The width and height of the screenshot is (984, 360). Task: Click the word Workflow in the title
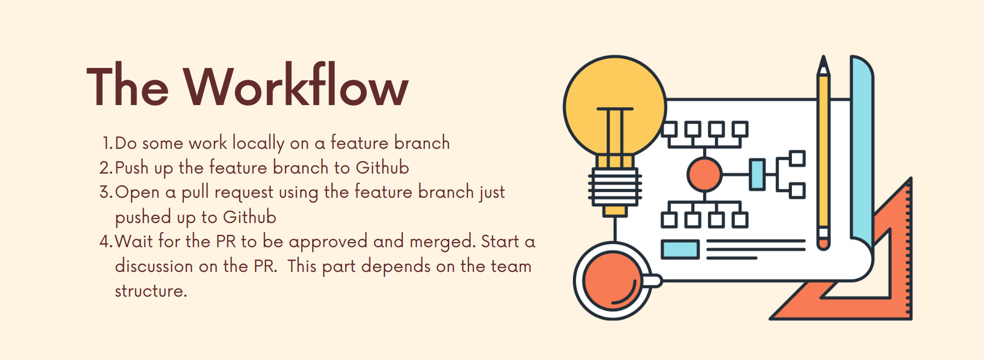pos(296,85)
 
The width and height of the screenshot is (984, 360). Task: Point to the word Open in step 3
pos(137,193)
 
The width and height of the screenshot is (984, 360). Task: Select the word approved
pos(328,242)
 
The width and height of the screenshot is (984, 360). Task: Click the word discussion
pos(154,266)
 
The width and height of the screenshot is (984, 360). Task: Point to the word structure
pos(151,291)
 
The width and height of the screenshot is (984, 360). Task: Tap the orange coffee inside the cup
pos(612,281)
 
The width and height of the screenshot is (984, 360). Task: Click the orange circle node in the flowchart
pos(704,175)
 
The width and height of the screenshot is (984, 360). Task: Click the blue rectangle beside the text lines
pos(680,249)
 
